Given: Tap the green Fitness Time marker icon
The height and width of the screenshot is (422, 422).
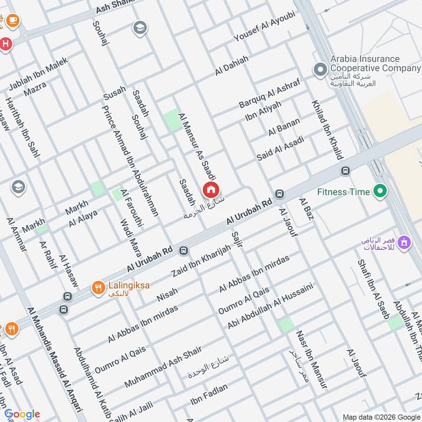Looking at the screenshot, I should coord(379,191).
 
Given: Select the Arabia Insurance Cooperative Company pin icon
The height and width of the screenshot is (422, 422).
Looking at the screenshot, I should coord(319,69).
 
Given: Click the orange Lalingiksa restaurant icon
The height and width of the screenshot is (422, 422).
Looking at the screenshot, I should coord(98,287).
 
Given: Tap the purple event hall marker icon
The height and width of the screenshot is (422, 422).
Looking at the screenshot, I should coord(405,243).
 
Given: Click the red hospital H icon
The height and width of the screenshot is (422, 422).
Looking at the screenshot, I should coord(6,44).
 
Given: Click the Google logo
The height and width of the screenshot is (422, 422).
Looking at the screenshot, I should coord(22,414).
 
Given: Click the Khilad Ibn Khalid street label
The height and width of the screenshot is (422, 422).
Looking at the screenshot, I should coord(327,129).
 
